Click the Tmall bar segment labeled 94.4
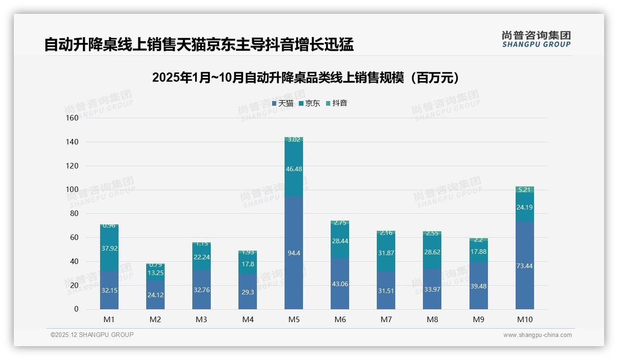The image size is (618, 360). [294, 253]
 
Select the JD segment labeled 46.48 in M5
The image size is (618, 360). [294, 169]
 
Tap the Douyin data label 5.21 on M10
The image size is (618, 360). [524, 190]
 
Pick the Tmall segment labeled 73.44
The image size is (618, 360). [524, 266]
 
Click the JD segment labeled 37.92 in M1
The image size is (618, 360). [109, 248]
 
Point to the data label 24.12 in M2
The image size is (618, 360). [155, 294]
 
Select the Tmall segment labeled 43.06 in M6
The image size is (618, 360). [340, 284]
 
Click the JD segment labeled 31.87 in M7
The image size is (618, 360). [386, 253]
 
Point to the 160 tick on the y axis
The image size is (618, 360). [72, 118]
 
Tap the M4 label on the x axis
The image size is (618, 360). [248, 319]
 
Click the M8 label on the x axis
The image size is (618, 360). [432, 319]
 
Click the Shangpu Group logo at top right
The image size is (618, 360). [536, 39]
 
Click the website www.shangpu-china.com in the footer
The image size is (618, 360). [537, 335]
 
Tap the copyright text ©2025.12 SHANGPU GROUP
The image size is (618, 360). [92, 335]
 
